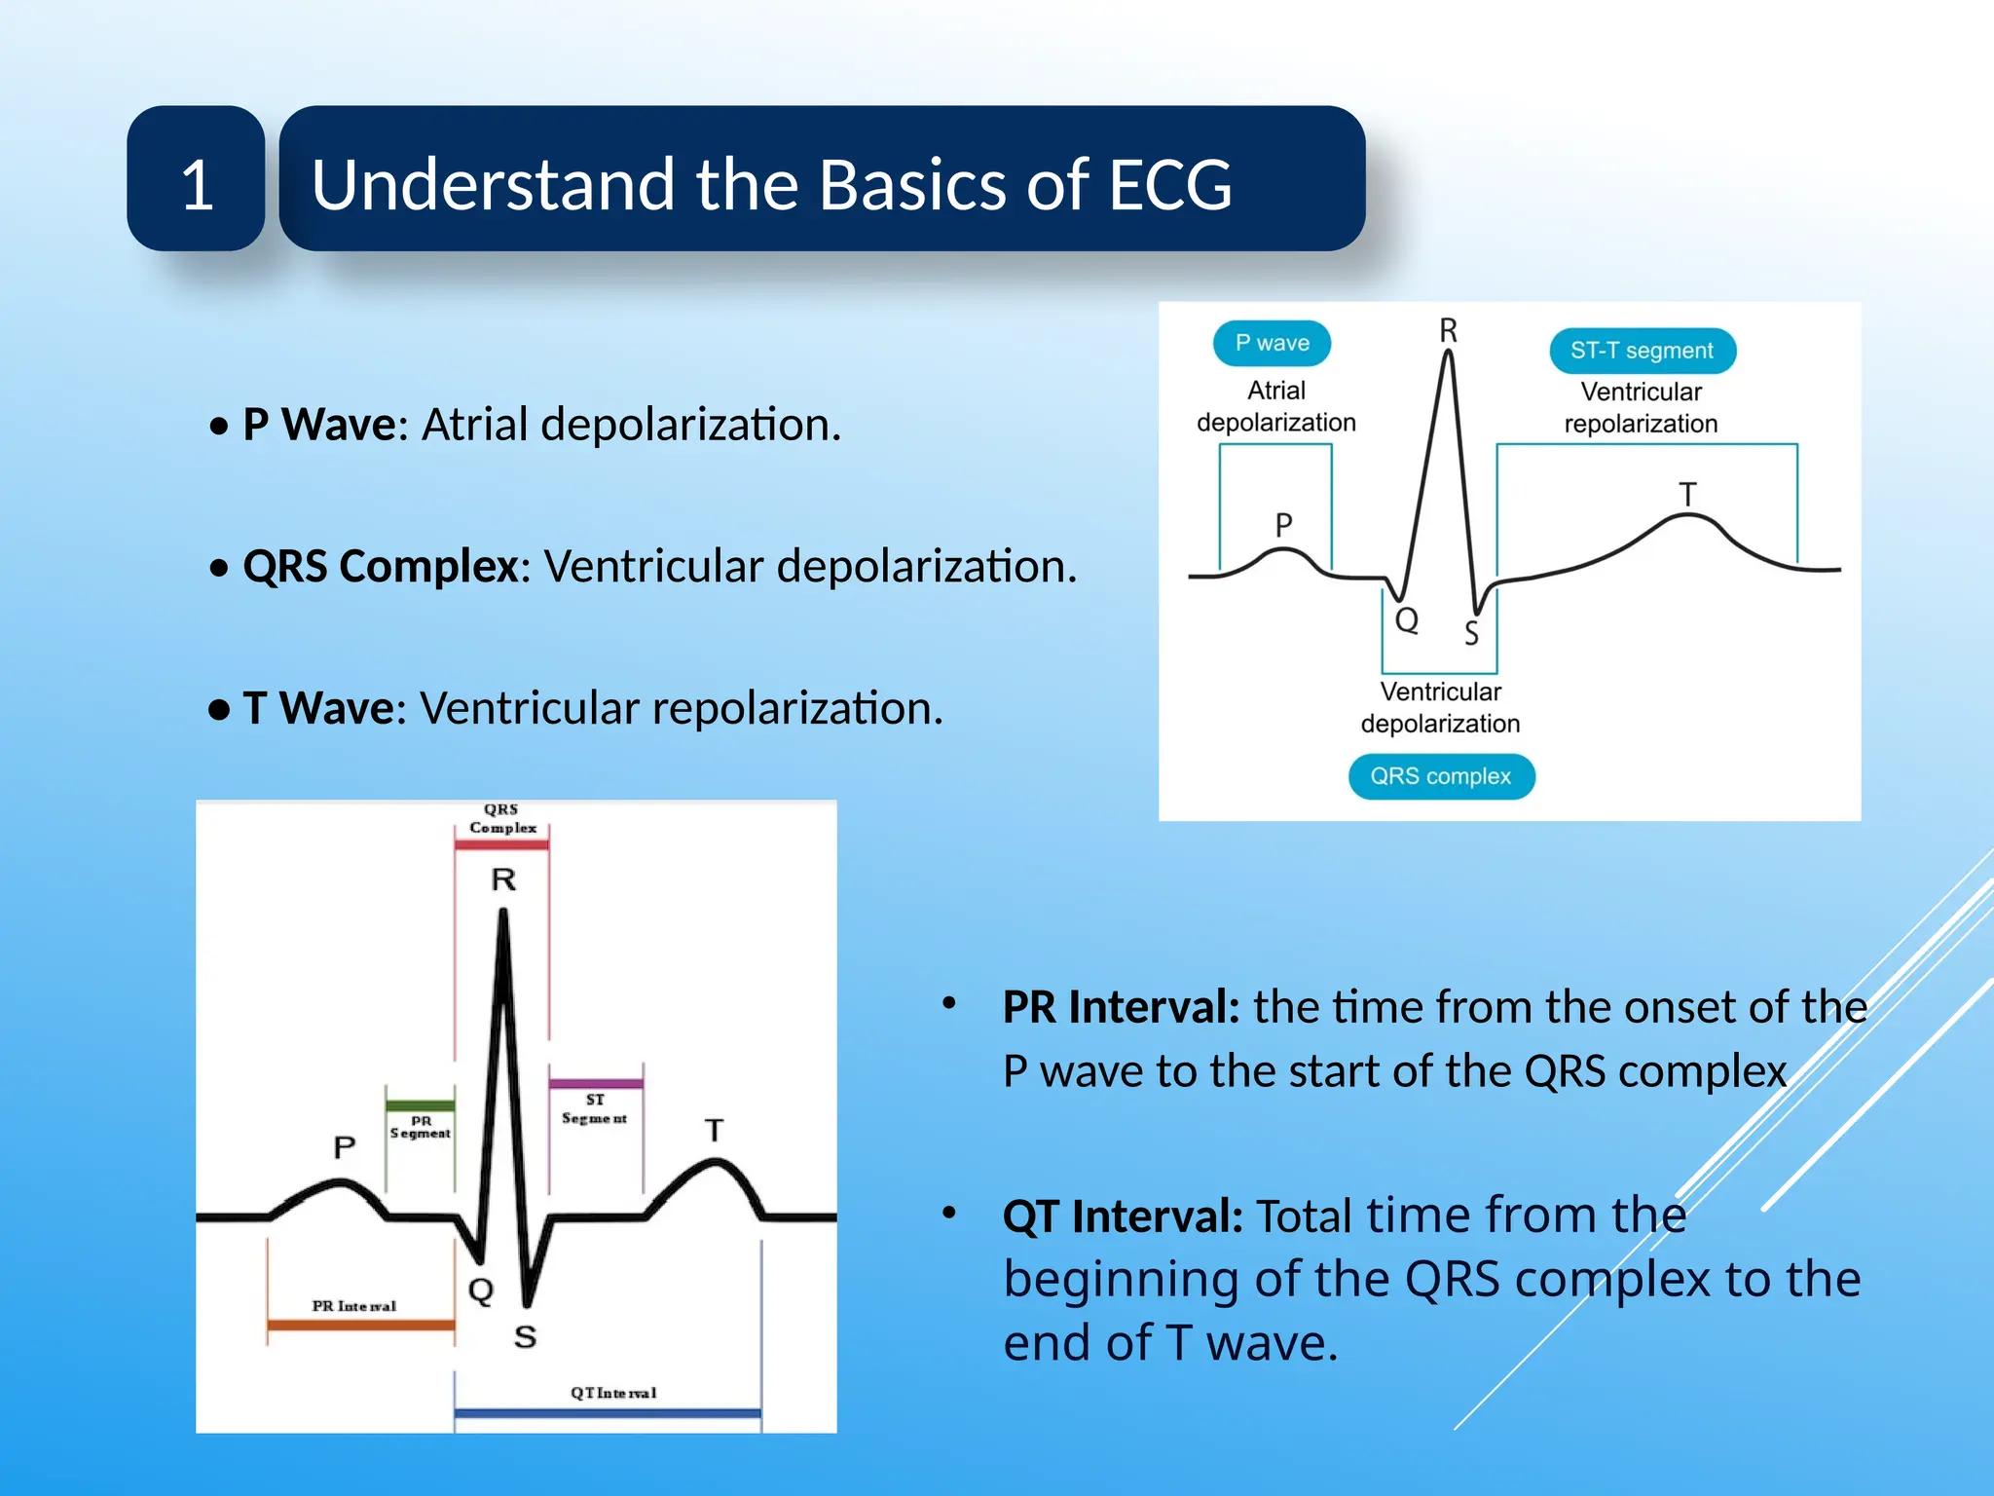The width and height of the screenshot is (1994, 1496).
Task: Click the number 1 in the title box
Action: [x=198, y=184]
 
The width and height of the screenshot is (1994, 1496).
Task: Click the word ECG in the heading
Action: [x=1169, y=184]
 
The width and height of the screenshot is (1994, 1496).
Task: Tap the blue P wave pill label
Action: [x=1272, y=343]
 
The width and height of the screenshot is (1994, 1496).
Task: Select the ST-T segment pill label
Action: [x=1642, y=351]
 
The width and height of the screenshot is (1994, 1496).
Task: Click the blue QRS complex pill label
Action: [x=1440, y=776]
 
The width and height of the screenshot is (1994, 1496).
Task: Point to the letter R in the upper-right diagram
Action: [x=1448, y=331]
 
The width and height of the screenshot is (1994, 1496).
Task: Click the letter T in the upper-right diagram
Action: [x=1687, y=495]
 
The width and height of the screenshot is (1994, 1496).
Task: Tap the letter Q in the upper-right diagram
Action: [x=1406, y=619]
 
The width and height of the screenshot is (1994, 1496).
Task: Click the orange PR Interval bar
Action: [x=360, y=1325]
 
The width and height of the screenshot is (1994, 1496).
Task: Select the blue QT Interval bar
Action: [x=607, y=1411]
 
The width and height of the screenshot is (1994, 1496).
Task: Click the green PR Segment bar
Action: [x=420, y=1105]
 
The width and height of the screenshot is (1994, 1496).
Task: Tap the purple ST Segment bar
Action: [x=595, y=1083]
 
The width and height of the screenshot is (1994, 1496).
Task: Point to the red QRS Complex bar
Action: [x=501, y=844]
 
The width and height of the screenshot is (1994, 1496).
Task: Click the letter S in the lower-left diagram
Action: [x=525, y=1336]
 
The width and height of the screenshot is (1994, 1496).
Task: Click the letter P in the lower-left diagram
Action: [x=344, y=1146]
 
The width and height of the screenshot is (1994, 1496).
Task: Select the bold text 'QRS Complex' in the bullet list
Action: [x=381, y=566]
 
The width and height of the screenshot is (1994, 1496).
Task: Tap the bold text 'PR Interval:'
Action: [x=1121, y=1007]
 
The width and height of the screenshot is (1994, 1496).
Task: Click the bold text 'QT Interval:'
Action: [x=1123, y=1216]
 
